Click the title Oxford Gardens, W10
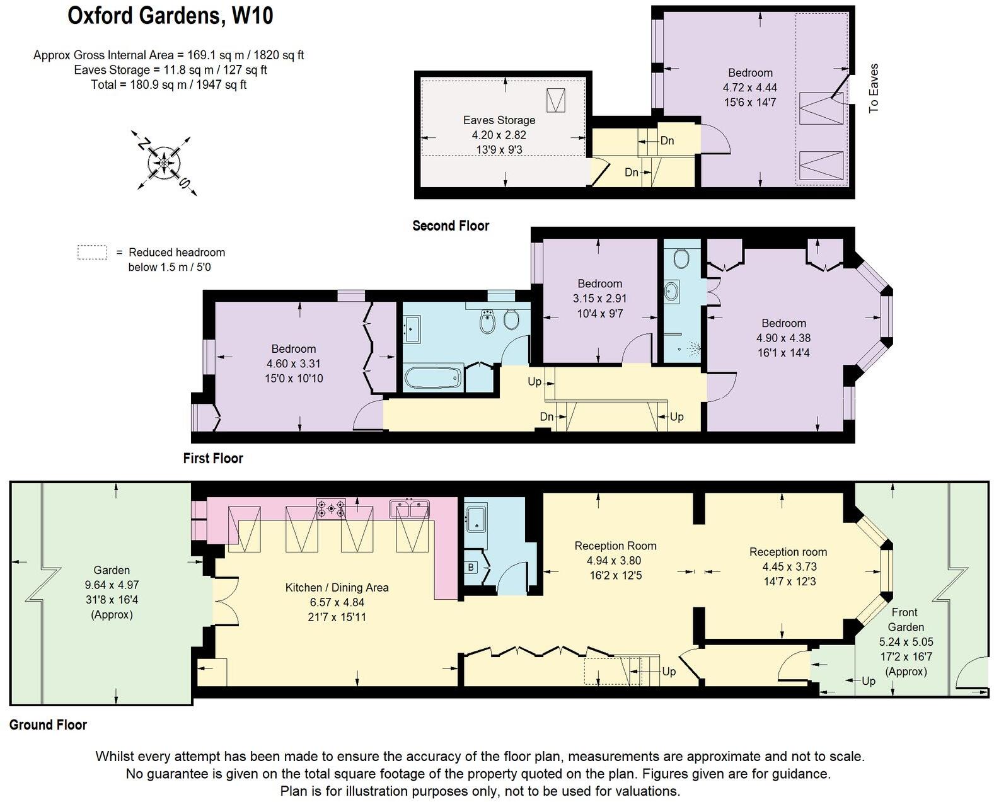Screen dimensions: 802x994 coord(170,15)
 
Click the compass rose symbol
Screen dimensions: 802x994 coord(163,163)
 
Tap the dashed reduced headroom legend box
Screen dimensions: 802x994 coord(92,253)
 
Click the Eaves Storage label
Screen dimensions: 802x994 coord(499,120)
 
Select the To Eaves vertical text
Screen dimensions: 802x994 coord(874,88)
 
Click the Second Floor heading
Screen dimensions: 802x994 coord(450,226)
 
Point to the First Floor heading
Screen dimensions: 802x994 coord(212,458)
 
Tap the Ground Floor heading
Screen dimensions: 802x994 coord(48,725)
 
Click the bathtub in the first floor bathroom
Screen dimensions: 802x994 coord(432,379)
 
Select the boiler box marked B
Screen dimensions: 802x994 coord(471,567)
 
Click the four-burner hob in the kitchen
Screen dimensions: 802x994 coord(331,508)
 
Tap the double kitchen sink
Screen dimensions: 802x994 coord(409,508)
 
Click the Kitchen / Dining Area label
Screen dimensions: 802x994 coord(337,587)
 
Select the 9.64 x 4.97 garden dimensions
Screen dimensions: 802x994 coord(112,585)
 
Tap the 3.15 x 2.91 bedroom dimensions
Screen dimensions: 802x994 coord(599,299)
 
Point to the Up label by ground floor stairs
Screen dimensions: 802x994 coord(669,672)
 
